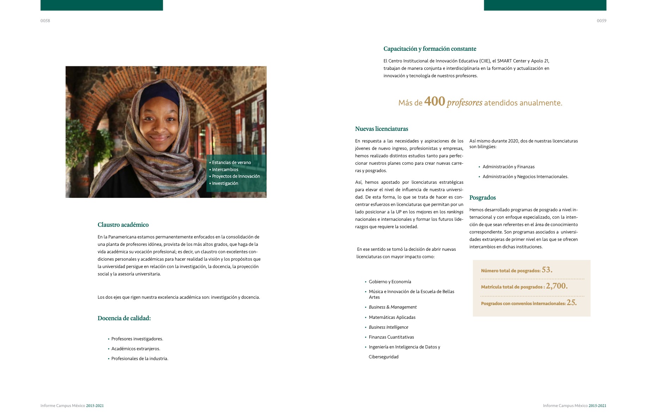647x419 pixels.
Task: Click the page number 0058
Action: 45,21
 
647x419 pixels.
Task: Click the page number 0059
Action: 601,21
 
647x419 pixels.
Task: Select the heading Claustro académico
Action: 123,225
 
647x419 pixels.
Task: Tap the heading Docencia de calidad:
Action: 124,318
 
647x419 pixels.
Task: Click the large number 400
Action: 435,102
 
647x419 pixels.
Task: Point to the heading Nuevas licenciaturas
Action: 381,129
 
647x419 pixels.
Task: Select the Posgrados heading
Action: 482,198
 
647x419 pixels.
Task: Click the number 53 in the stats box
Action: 547,270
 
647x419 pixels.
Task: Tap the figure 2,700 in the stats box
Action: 556,286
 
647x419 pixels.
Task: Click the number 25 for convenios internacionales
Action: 571,303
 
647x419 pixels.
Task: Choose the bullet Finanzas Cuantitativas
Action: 391,337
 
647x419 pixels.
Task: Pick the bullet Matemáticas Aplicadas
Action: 392,317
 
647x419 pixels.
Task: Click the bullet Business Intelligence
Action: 388,327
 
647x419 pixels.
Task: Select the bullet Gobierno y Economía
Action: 390,282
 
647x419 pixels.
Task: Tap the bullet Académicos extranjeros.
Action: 136,349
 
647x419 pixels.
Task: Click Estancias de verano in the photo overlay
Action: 231,163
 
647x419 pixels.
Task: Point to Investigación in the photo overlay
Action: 225,183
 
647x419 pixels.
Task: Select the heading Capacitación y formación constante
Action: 430,49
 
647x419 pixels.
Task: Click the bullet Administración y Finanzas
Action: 508,167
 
